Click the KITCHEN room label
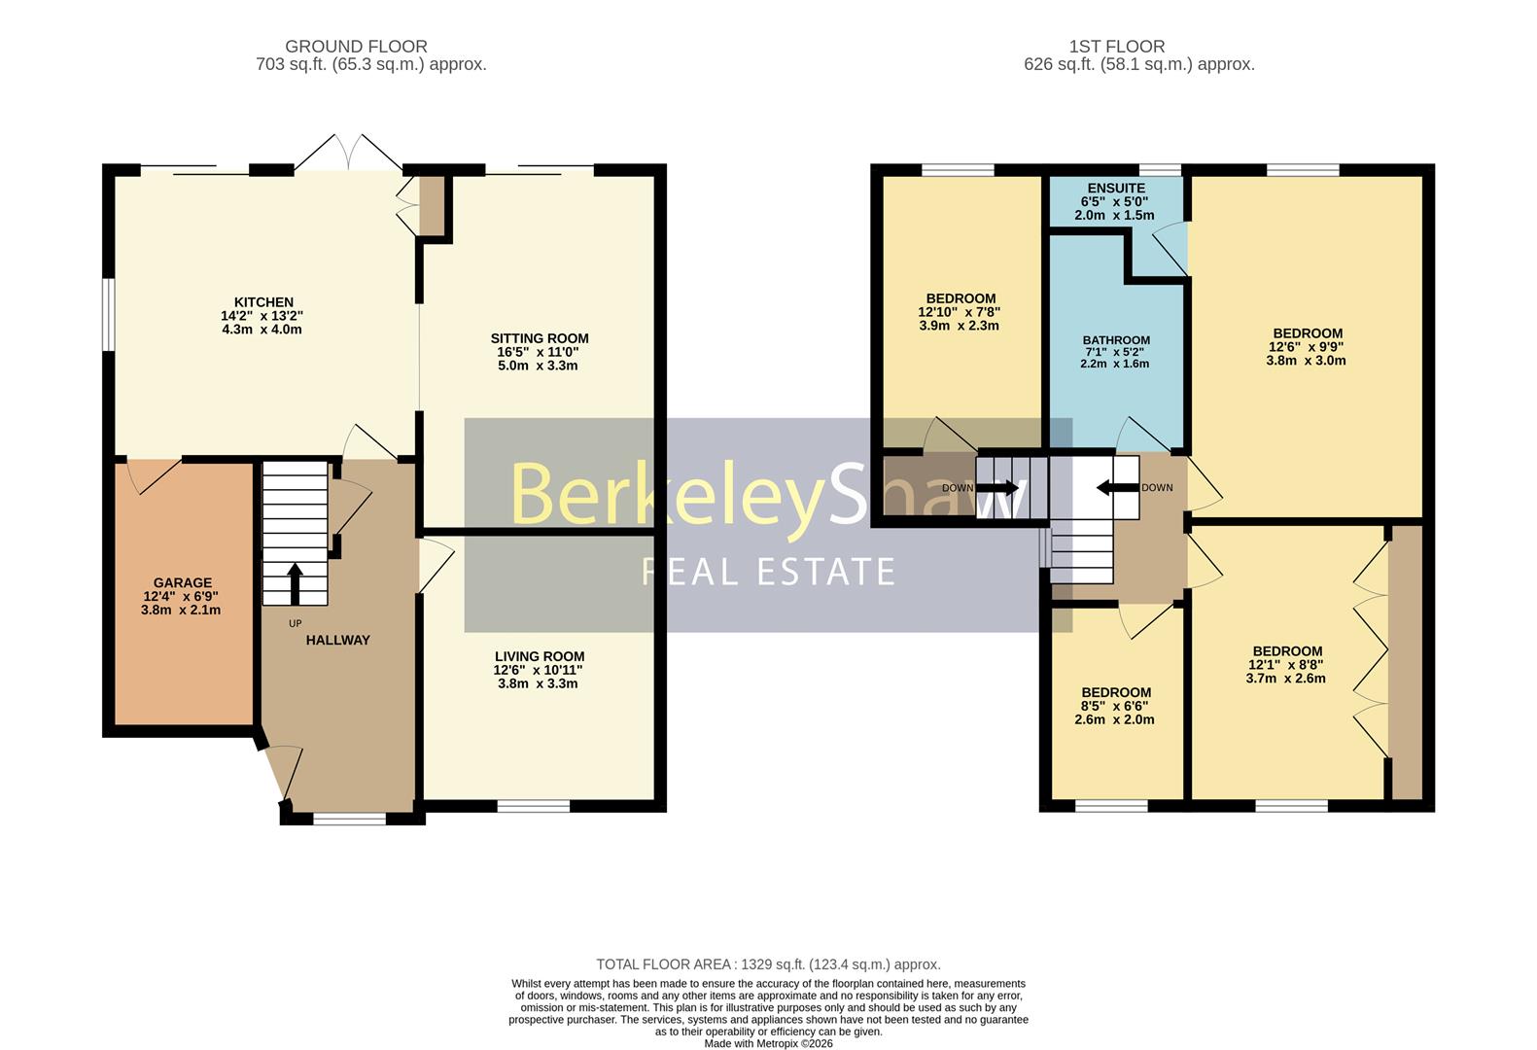(x=263, y=302)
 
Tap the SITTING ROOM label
(x=540, y=338)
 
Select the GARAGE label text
(x=183, y=582)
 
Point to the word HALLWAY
(x=337, y=641)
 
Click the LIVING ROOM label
(x=540, y=657)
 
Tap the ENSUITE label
(x=1116, y=188)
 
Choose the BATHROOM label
(x=1116, y=340)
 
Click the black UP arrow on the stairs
(x=295, y=583)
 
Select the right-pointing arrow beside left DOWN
(x=997, y=488)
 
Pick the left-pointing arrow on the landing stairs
(x=1118, y=488)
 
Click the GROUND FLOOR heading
(x=356, y=47)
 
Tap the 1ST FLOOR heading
(x=1117, y=47)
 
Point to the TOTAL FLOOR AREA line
(x=768, y=964)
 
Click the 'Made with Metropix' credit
(x=768, y=1044)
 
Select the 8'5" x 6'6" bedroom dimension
(x=1114, y=706)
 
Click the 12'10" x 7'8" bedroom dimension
(x=960, y=312)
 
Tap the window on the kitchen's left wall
(x=109, y=314)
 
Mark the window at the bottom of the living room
(x=533, y=806)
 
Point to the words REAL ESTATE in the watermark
(x=768, y=572)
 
